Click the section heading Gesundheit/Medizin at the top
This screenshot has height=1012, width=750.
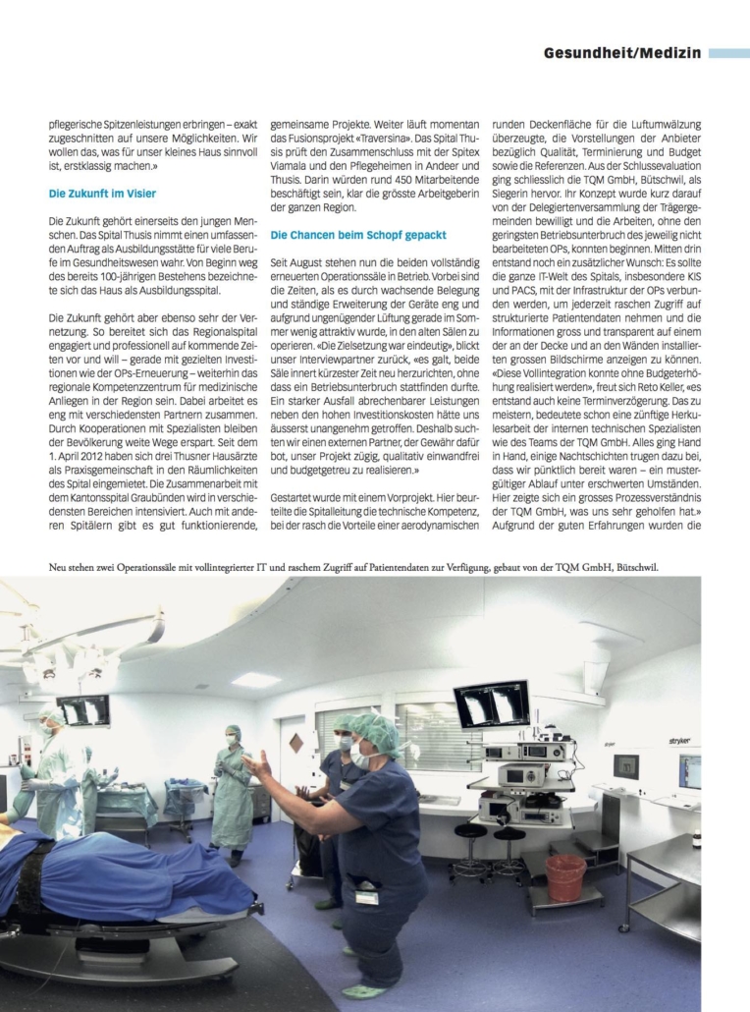[x=622, y=53]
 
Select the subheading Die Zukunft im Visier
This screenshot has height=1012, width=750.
[x=103, y=194]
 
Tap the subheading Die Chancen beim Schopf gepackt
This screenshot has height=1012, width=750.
[x=358, y=236]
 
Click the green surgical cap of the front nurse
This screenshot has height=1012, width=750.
[x=375, y=730]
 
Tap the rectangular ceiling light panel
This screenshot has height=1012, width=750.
[x=255, y=679]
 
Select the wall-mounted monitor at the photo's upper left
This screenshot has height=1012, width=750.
[x=82, y=709]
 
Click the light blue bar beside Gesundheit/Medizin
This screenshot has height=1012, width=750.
[x=728, y=53]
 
